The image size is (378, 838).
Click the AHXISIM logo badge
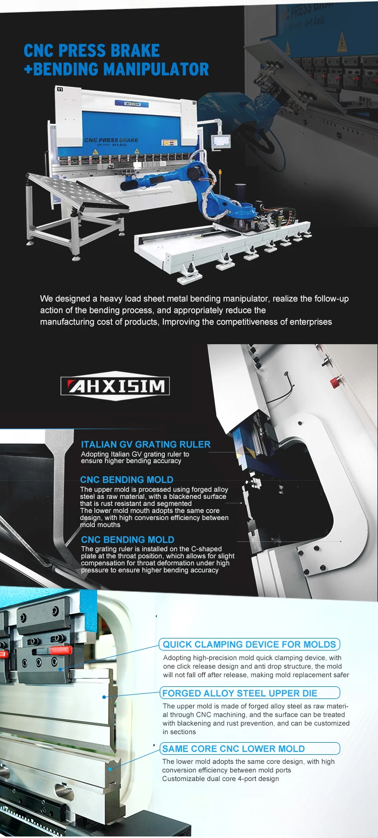click(x=115, y=386)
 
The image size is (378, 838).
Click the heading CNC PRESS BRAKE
click(x=92, y=51)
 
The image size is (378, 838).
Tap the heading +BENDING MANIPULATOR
click(x=116, y=70)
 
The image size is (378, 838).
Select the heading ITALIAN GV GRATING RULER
click(x=146, y=444)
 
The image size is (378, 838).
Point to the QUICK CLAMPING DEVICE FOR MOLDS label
click(x=249, y=644)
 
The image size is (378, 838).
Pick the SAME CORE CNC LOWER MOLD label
click(x=233, y=749)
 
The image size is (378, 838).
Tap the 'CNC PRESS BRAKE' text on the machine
click(x=111, y=140)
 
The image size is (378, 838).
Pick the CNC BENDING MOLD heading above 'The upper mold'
click(x=127, y=480)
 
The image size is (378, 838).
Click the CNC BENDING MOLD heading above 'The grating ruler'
click(x=128, y=540)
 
